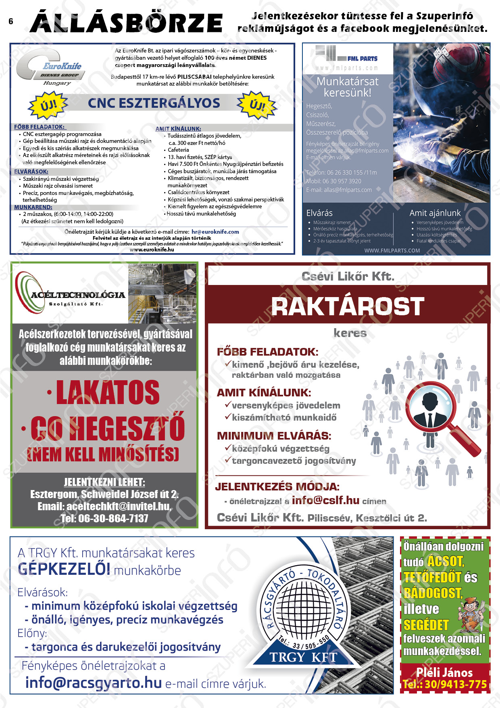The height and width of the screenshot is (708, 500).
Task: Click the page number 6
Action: coord(11,22)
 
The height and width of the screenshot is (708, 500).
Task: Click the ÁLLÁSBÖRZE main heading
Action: coord(126,23)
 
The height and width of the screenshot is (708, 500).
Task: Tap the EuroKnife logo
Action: coord(50,67)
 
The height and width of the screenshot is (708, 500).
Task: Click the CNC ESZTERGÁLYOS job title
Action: coord(154,103)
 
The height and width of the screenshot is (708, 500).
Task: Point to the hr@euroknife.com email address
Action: coord(215,232)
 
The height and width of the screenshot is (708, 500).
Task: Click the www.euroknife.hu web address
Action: coord(152,249)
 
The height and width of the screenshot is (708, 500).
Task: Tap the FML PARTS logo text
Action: coord(362,59)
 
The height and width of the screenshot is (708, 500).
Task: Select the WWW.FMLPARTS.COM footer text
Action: coord(392,251)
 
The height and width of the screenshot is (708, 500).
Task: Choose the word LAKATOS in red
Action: coord(108,392)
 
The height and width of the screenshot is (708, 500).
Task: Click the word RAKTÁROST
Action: coord(348,307)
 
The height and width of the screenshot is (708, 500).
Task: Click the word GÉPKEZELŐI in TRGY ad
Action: coord(64,569)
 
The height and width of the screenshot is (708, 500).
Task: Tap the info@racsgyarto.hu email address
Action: coord(93,683)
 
